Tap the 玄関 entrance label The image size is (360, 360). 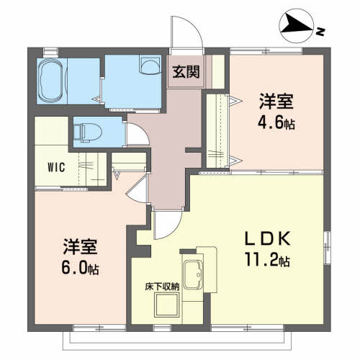point(186,72)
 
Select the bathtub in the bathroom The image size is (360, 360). point(50,81)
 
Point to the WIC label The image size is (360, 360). point(57,168)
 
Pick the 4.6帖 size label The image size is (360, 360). point(277,122)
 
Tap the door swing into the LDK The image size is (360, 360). point(163,224)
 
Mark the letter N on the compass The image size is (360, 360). point(320,30)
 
